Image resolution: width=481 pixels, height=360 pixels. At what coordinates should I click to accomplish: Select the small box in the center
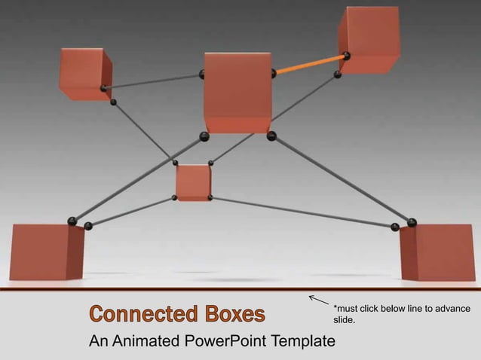click(x=193, y=182)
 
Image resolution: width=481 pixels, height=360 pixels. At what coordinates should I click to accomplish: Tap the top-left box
click(x=84, y=73)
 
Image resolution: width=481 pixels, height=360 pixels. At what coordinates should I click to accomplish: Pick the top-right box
click(x=369, y=39)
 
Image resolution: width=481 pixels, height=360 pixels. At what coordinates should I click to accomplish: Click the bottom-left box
click(x=46, y=252)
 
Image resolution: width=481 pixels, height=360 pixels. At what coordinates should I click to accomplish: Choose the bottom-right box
click(x=437, y=252)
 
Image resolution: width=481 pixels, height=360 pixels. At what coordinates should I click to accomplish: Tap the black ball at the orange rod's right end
click(x=346, y=55)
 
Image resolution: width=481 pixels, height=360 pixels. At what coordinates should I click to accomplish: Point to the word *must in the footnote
click(x=347, y=309)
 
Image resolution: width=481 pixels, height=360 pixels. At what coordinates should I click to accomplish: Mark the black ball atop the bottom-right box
click(x=412, y=222)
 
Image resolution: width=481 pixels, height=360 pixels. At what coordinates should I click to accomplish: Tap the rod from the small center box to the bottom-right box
click(x=302, y=212)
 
